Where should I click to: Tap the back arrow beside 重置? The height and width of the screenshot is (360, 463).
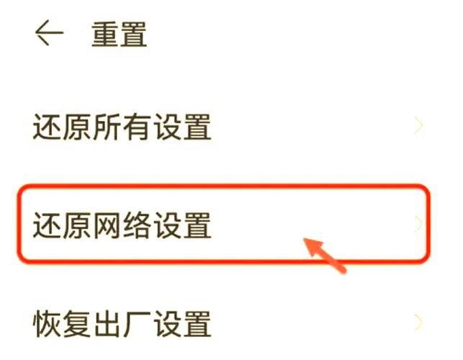click(49, 33)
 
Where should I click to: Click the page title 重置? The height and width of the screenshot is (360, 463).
click(119, 35)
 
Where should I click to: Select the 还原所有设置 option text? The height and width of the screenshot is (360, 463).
click(122, 127)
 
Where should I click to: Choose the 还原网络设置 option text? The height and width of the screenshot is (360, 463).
click(122, 225)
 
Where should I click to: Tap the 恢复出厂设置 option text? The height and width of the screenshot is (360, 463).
click(122, 323)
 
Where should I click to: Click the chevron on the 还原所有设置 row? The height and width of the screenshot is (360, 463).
click(418, 125)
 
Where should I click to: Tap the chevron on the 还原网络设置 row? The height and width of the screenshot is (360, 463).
click(418, 224)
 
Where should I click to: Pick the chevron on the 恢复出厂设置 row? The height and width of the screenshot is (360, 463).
click(418, 322)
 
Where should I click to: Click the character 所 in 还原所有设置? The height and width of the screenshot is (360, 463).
click(107, 127)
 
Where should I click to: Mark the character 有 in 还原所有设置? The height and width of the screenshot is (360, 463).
click(137, 127)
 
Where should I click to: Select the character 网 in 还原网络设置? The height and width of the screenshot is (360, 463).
click(107, 225)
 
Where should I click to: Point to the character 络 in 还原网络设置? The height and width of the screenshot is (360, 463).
click(137, 225)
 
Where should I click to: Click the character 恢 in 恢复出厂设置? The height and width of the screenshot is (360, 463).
click(48, 323)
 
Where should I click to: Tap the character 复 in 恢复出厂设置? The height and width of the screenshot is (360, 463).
click(77, 323)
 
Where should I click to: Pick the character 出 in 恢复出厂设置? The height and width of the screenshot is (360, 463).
click(107, 323)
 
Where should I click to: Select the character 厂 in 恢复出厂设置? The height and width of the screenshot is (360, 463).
click(137, 323)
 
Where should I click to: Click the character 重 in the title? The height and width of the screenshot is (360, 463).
click(104, 35)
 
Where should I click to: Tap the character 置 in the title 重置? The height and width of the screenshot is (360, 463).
click(134, 35)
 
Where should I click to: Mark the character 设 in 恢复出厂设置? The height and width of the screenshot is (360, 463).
click(167, 323)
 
